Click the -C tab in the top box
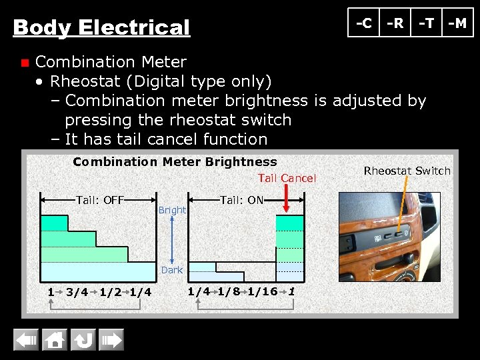click(364, 23)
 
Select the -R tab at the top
click(395, 23)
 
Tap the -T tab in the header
click(426, 23)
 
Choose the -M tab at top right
click(457, 23)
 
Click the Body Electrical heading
click(101, 28)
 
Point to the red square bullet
click(24, 63)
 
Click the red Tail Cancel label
click(287, 178)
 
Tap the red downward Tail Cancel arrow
click(287, 199)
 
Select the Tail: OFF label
click(101, 199)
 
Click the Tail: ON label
click(241, 199)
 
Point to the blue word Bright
click(172, 210)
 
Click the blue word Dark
click(172, 270)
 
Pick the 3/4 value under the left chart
click(77, 292)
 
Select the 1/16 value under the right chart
click(262, 291)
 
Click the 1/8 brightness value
click(229, 291)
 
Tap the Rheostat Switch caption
click(407, 171)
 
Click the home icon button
click(55, 341)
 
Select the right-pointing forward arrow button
click(111, 341)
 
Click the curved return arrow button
click(83, 341)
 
